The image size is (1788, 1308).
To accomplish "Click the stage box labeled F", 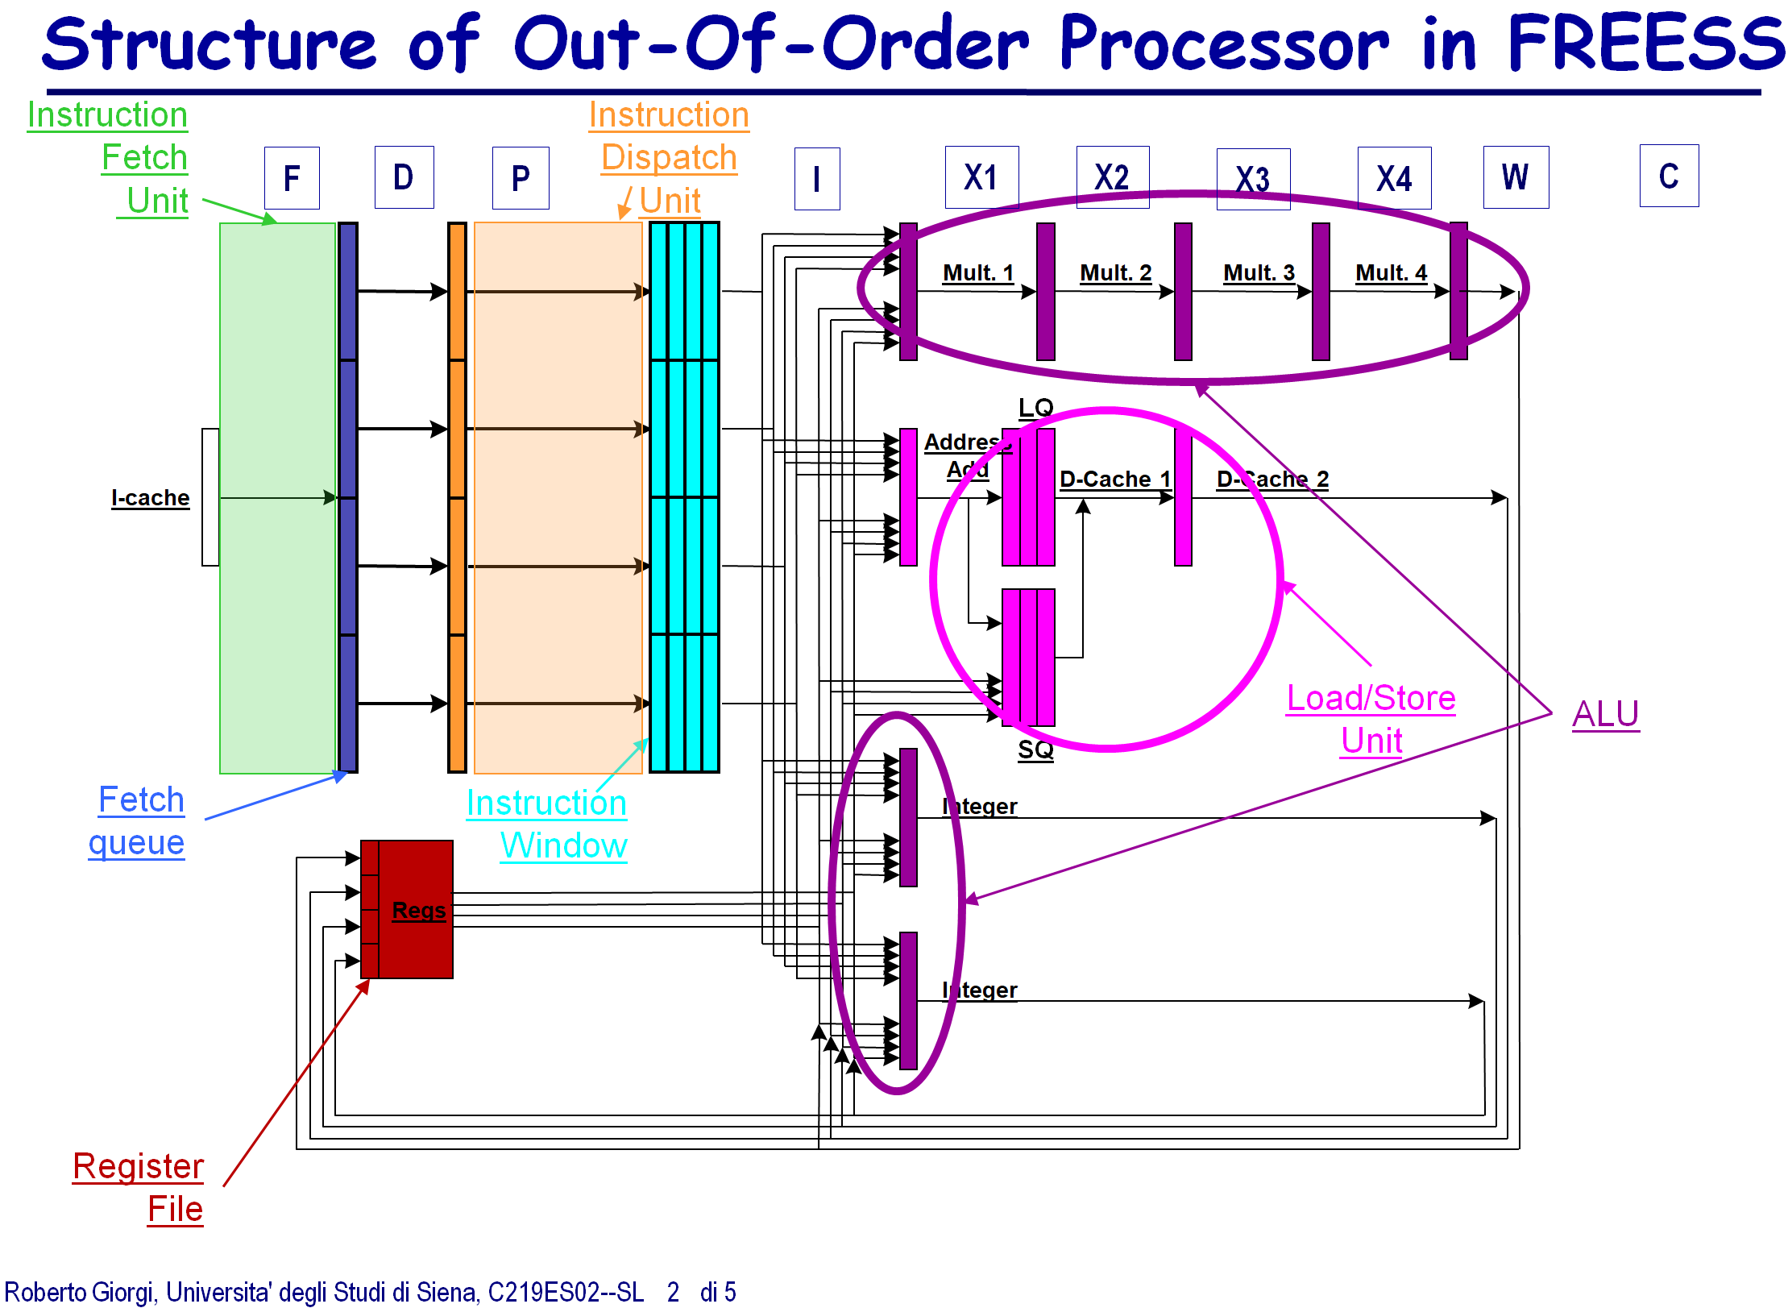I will pos(292,178).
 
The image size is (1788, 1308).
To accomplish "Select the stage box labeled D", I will pos(404,177).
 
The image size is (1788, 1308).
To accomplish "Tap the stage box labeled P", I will pos(521,178).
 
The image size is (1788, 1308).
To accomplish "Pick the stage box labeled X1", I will pos(981,177).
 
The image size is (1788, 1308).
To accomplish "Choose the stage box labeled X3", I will pos(1253,179).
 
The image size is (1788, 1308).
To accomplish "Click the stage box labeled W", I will pos(1516,177).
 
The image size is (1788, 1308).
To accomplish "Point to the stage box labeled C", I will pos(1669,176).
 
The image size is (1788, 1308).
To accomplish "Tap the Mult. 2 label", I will pos(1115,273).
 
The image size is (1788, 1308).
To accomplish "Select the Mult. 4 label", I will pos(1391,273).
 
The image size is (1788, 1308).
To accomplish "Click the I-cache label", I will pos(151,498).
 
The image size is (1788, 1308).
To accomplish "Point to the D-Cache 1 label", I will pos(1114,480).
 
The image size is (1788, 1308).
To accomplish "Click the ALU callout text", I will pos(1605,714).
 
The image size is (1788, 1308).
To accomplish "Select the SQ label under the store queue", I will pos(1035,750).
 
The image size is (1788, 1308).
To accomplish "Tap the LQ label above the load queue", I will pos(1035,408).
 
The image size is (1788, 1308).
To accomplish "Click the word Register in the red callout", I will pos(138,1166).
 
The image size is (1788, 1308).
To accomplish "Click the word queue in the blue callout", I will pos(136,843).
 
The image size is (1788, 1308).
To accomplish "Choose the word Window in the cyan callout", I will pos(563,845).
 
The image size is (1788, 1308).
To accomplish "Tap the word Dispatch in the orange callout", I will pos(669,158).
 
